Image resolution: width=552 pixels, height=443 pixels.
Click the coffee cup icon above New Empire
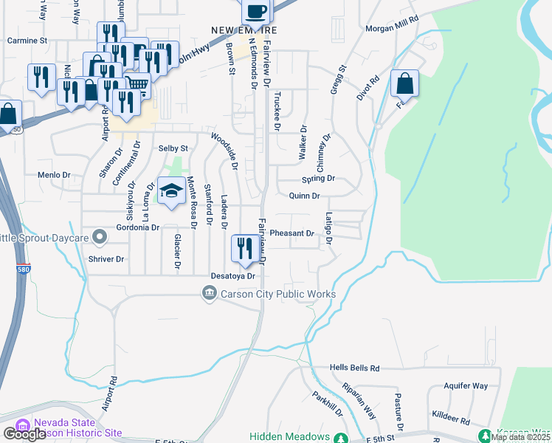(256, 10)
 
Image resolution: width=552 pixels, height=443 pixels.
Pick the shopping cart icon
(137, 86)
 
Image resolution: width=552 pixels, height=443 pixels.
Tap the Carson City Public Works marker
(210, 295)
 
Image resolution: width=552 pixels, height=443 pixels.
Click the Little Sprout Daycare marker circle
(102, 238)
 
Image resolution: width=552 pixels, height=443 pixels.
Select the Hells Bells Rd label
(354, 368)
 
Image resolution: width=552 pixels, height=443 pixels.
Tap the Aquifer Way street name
(466, 386)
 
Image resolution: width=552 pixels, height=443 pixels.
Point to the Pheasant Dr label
(292, 233)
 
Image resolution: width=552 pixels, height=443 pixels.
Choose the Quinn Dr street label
(304, 196)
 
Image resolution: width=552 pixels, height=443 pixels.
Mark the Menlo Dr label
(53, 176)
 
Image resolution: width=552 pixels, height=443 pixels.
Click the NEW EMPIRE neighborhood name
(244, 30)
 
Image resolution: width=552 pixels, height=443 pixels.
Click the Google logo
(24, 434)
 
